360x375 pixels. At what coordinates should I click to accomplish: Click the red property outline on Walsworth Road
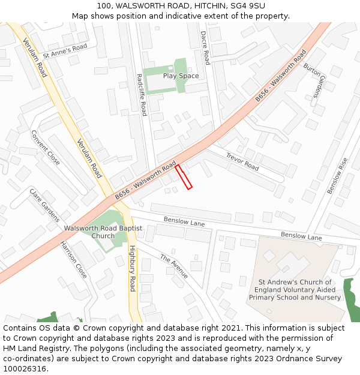[184, 177]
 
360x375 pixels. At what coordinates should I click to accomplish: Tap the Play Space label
[181, 76]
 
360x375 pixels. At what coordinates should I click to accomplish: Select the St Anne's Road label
[65, 52]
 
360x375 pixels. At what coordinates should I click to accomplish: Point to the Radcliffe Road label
[142, 94]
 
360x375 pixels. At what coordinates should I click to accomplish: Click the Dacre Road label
[205, 48]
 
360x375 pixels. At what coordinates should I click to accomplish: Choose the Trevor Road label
[242, 161]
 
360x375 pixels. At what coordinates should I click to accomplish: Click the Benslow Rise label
[337, 175]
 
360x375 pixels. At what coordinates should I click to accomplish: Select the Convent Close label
[45, 148]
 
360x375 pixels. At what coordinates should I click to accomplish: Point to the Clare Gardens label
[44, 205]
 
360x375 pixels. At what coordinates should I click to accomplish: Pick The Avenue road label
[174, 266]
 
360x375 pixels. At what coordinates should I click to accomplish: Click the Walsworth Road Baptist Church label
[103, 232]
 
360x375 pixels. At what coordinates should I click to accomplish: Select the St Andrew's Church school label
[295, 290]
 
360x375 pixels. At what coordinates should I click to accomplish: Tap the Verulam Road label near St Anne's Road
[35, 58]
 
